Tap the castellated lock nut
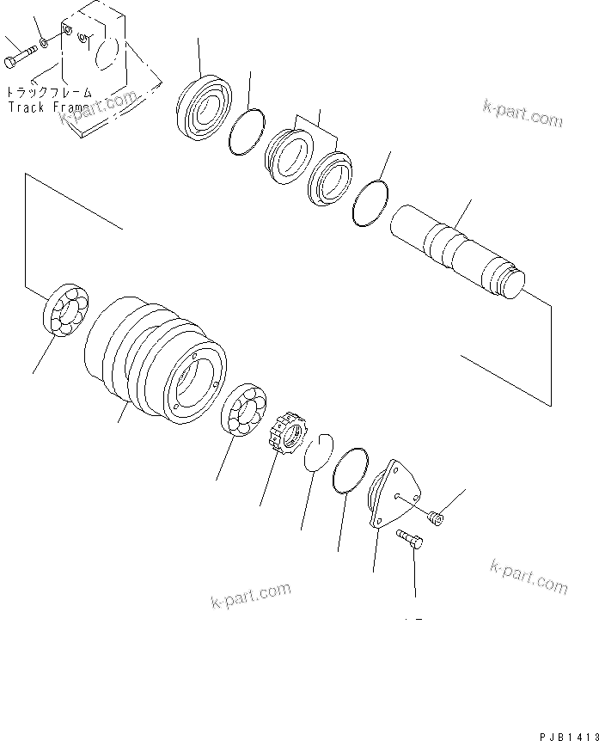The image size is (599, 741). [x=285, y=435]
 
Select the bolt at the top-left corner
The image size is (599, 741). [x=19, y=58]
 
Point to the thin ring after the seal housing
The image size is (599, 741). [x=246, y=132]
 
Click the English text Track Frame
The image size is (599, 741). [x=46, y=107]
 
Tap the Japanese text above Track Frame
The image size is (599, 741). [x=48, y=92]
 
